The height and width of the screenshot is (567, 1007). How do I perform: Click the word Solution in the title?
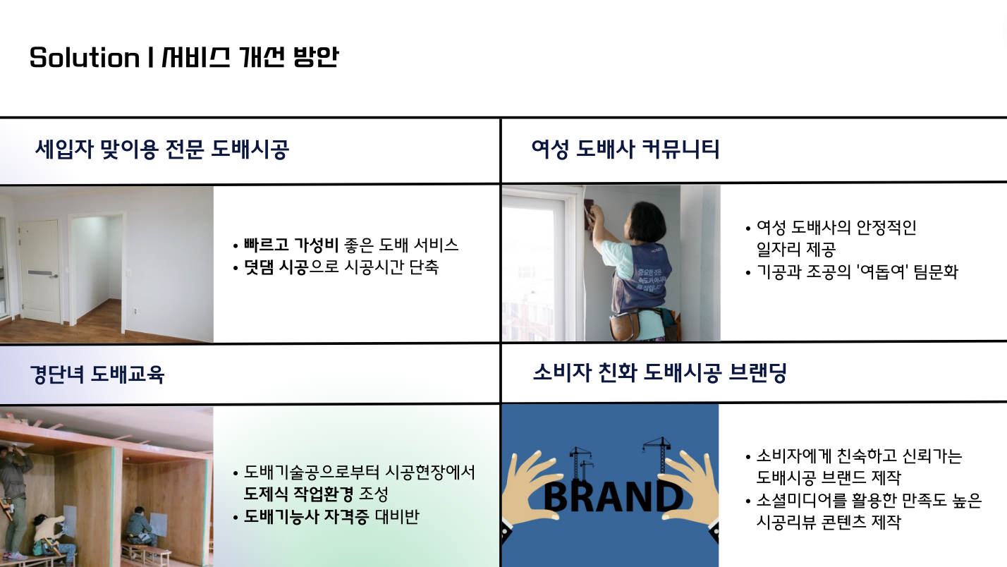(85, 58)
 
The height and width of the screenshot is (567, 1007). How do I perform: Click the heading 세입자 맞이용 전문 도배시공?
(162, 150)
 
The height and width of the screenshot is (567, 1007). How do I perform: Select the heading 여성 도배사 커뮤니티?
(625, 150)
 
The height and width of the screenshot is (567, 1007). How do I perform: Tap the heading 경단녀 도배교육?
(97, 374)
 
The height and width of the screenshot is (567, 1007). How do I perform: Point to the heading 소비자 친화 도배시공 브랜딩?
(660, 373)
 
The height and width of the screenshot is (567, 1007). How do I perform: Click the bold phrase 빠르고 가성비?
(291, 245)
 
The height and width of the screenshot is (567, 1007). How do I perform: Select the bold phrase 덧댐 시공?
(276, 267)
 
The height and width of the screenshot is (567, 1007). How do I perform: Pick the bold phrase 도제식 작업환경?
(298, 494)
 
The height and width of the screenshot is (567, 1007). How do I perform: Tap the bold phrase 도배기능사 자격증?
(306, 516)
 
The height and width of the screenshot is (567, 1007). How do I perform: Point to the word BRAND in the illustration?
(614, 496)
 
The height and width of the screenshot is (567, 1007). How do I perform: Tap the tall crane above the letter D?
(658, 455)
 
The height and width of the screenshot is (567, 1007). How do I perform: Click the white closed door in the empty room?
(39, 271)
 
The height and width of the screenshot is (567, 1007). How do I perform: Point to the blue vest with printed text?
(643, 278)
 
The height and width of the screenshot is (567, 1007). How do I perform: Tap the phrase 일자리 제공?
(795, 249)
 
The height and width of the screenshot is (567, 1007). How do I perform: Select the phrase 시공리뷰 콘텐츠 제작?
(829, 522)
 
